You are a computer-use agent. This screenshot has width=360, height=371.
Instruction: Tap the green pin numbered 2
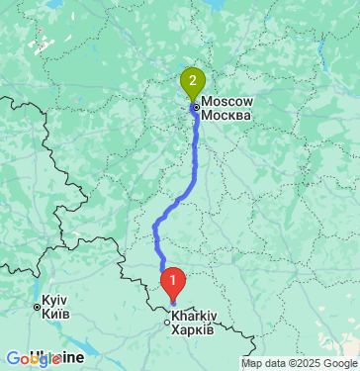point(191,79)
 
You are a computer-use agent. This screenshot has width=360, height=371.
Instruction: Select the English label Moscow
point(227,102)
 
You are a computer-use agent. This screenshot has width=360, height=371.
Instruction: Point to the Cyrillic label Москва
point(225,115)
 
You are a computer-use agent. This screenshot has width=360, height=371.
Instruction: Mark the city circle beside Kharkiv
point(167,320)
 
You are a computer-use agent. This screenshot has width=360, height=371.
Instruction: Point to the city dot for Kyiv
point(38,308)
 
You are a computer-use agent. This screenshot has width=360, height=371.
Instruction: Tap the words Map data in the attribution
point(263,363)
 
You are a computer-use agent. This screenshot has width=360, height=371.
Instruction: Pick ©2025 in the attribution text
point(304,363)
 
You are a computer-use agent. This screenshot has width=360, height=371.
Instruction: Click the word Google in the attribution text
point(338,363)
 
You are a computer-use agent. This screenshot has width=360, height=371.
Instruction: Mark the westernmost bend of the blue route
point(155,233)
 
